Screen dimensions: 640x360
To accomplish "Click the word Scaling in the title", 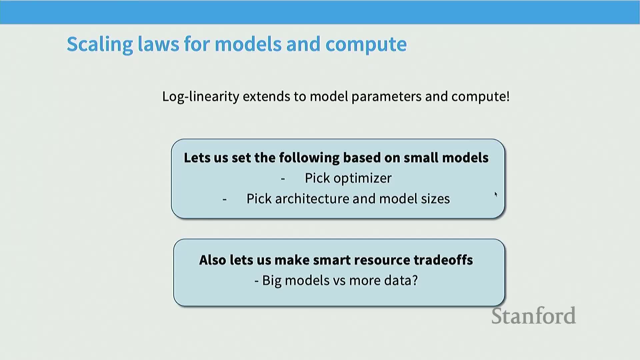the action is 100,45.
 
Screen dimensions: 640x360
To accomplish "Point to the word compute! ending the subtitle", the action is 480,97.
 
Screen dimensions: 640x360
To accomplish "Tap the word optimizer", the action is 362,179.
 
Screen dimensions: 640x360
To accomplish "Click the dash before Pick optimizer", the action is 283,179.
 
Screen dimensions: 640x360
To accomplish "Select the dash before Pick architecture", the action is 225,200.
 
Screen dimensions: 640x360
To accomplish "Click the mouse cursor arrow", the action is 496,194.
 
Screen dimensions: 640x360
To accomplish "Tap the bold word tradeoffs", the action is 443,260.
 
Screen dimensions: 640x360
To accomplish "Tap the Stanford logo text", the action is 534,316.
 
